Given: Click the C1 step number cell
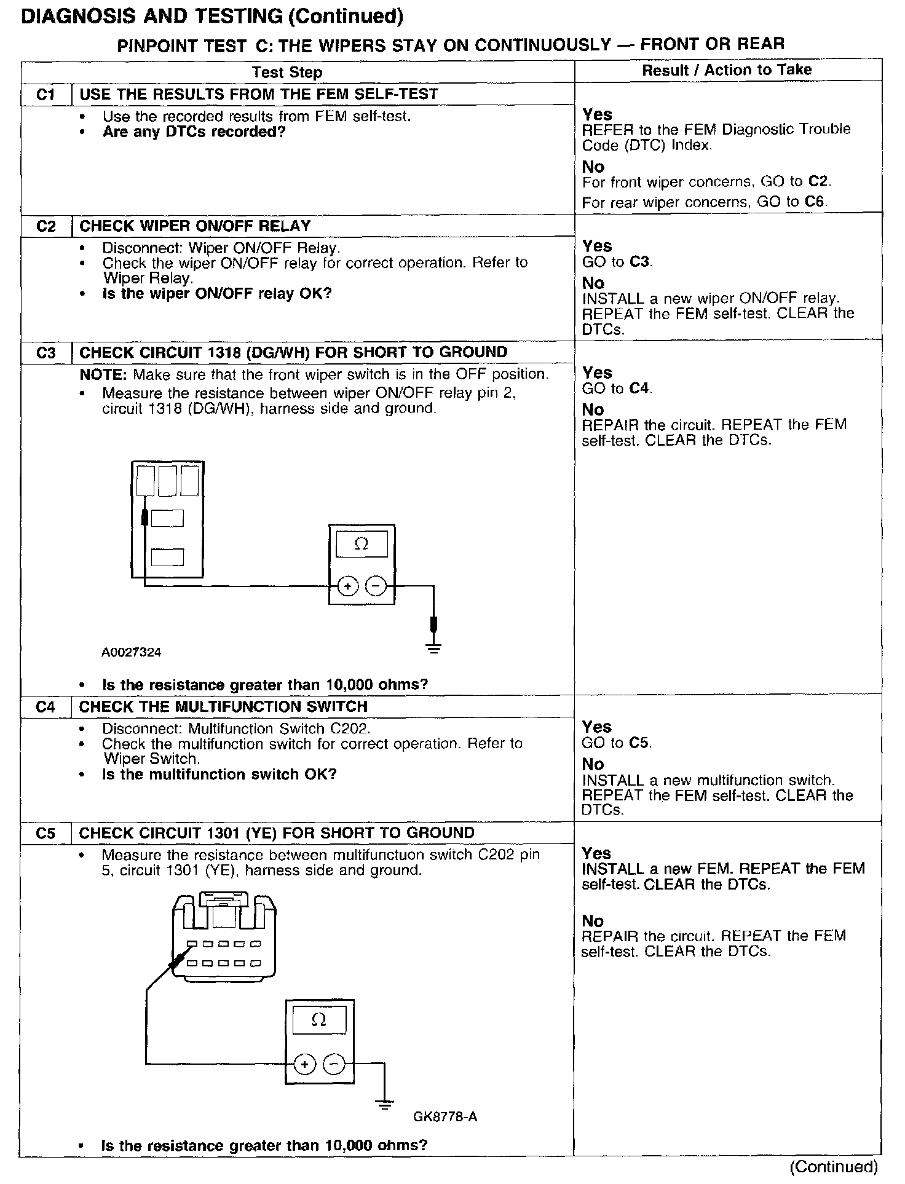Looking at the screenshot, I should tap(45, 95).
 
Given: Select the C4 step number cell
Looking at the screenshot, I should tap(45, 707).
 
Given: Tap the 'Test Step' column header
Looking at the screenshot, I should tap(287, 73).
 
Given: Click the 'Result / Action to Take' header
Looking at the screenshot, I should tap(727, 70).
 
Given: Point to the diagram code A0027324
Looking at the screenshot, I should tap(132, 652).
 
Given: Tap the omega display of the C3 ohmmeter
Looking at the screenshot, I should tap(362, 545).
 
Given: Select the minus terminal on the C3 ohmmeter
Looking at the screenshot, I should tap(376, 586).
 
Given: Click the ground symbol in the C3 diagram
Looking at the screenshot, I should tap(434, 647).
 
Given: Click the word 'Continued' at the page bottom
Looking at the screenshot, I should tap(834, 1166).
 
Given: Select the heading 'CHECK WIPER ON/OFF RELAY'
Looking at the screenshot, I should tap(195, 226).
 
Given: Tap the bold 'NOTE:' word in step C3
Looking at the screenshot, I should tap(104, 374).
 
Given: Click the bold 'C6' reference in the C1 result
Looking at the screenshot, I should tap(818, 202).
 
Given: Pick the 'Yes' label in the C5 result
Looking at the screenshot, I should tap(596, 853).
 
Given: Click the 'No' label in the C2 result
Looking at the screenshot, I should tap(593, 283).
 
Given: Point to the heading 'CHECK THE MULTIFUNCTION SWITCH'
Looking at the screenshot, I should tap(223, 707).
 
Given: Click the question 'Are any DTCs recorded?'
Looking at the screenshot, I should tap(194, 132).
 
